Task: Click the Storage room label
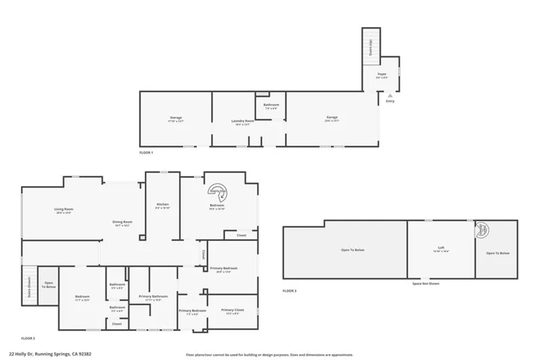click(175, 118)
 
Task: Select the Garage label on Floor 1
click(331, 118)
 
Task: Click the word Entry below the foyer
click(390, 100)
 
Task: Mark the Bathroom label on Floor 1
click(271, 105)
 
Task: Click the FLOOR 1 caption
click(146, 152)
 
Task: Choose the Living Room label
click(64, 210)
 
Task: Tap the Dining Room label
click(122, 223)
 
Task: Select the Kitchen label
click(163, 205)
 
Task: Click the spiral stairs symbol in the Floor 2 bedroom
click(218, 191)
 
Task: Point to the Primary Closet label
click(232, 310)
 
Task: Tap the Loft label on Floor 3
click(441, 250)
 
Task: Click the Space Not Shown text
click(426, 283)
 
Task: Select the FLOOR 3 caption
click(289, 290)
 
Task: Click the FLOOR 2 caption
click(28, 338)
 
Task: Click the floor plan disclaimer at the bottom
click(269, 355)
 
